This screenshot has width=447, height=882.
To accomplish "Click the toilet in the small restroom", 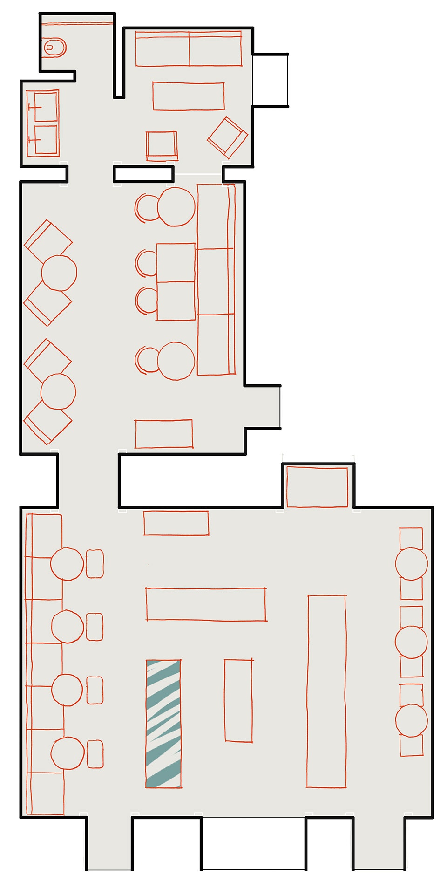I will click(54, 47).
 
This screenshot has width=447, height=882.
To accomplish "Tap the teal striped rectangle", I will click(163, 724).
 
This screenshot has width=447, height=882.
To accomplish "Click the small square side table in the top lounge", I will click(162, 145).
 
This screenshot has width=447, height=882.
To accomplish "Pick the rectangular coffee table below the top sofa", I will click(189, 96).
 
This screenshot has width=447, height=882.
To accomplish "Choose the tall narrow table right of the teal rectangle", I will click(238, 700).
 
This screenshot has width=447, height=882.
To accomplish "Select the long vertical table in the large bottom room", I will click(326, 691).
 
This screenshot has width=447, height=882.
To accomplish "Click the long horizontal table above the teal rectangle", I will click(206, 604).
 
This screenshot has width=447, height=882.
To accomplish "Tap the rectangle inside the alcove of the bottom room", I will click(317, 487).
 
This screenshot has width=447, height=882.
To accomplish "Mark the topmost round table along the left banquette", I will click(67, 564).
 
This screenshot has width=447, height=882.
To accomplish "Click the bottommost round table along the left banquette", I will click(68, 753).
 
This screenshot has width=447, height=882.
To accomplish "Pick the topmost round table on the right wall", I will click(411, 564).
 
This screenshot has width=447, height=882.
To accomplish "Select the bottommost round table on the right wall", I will click(411, 720).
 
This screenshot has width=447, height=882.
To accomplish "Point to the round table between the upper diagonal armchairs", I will click(59, 273).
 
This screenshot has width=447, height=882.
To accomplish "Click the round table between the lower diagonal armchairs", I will click(58, 391).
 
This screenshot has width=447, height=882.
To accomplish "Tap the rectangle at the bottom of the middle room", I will click(163, 434).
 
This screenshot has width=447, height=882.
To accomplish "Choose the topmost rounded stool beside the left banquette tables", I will click(95, 564).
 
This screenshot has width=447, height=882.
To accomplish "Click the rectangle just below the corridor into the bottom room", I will click(176, 523).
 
